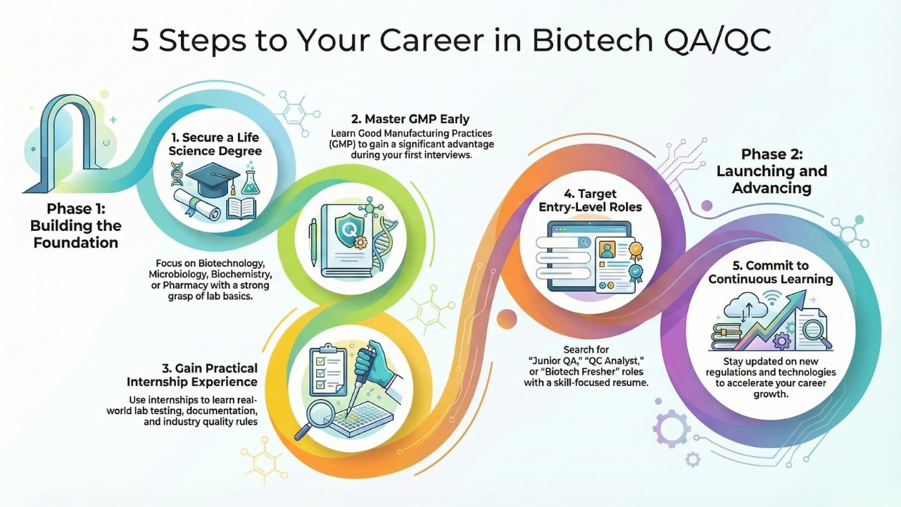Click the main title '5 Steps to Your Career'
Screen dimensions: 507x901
click(x=450, y=41)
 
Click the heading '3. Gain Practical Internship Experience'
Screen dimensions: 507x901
click(x=192, y=375)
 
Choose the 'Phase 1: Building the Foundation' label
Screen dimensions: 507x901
click(x=75, y=225)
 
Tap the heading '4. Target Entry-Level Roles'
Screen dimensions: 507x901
click(x=590, y=200)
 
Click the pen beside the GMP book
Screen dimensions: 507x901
click(x=312, y=240)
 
